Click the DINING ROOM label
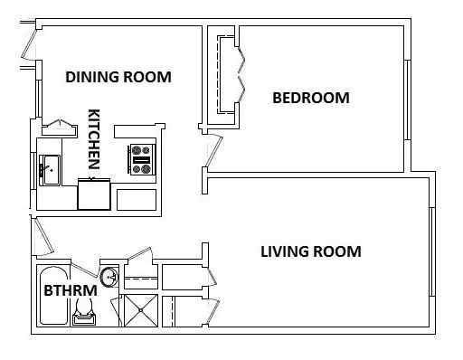pos(118,77)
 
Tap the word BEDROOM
pos(310,98)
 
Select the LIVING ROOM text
pos(310,251)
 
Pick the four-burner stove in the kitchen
pos(142,159)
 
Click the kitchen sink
pos(49,169)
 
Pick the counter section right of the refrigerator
pos(136,199)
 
